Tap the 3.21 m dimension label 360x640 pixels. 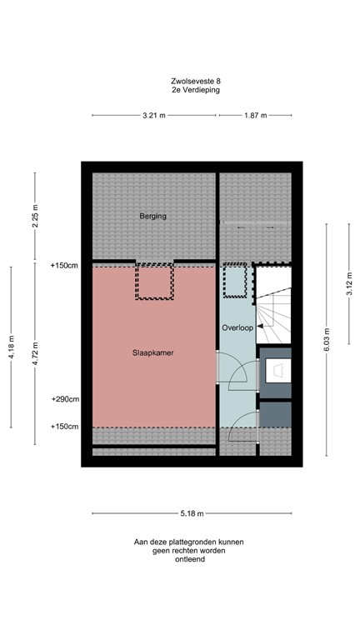coord(153,116)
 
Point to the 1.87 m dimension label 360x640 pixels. coord(255,116)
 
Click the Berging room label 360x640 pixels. coord(152,217)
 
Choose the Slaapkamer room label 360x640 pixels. coord(152,352)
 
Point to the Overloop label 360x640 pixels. coord(237,327)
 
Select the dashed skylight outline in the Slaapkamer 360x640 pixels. coord(154,282)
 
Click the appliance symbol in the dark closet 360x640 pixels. coord(276,369)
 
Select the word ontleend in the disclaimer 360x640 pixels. coord(188,560)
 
